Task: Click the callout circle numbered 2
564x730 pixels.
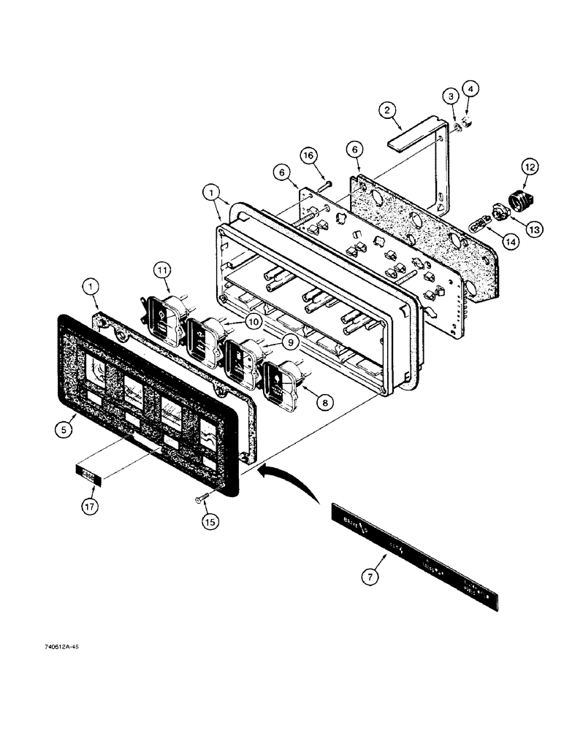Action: click(388, 111)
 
